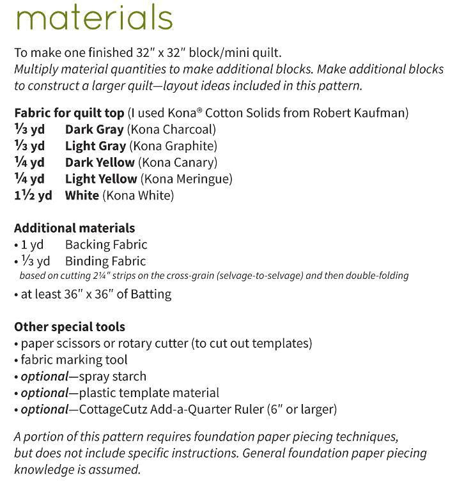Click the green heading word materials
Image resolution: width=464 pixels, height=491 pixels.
pyautogui.click(x=93, y=17)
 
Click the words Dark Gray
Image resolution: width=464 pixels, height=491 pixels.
pyautogui.click(x=94, y=130)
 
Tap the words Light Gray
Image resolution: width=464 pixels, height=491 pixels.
pyautogui.click(x=95, y=146)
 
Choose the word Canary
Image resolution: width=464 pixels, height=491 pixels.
pyautogui.click(x=193, y=162)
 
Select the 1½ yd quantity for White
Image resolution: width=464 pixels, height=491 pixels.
pyautogui.click(x=33, y=196)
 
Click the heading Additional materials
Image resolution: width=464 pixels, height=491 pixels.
pyautogui.click(x=74, y=228)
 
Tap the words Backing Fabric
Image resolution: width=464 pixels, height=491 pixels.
pyautogui.click(x=106, y=245)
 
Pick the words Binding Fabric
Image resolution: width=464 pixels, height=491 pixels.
pyautogui.click(x=105, y=261)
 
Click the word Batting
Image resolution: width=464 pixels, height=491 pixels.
pyautogui.click(x=150, y=295)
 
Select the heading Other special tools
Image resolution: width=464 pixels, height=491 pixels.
pyautogui.click(x=69, y=327)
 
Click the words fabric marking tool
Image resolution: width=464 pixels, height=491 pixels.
pyautogui.click(x=74, y=360)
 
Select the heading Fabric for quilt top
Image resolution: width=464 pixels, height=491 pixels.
pyautogui.click(x=69, y=113)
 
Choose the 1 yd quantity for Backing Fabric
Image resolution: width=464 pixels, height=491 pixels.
pyautogui.click(x=32, y=245)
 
